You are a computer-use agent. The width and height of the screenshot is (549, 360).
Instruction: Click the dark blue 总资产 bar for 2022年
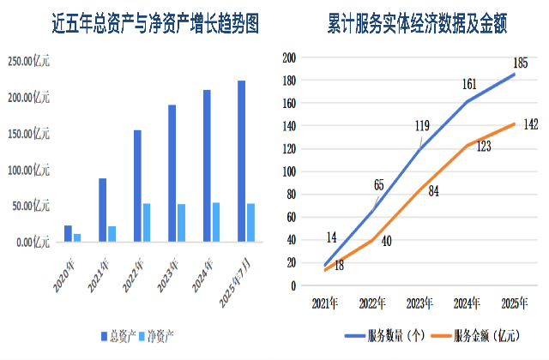[137, 185]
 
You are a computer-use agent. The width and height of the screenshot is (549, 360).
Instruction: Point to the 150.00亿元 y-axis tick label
[29, 134]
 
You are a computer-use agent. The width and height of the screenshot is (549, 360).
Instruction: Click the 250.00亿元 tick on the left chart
[29, 62]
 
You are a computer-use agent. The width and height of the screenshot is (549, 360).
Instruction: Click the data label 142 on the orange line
[531, 125]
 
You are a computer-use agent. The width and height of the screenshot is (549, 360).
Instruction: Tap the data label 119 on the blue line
[422, 127]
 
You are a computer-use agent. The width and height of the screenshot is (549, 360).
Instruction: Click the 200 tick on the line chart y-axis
[289, 58]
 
